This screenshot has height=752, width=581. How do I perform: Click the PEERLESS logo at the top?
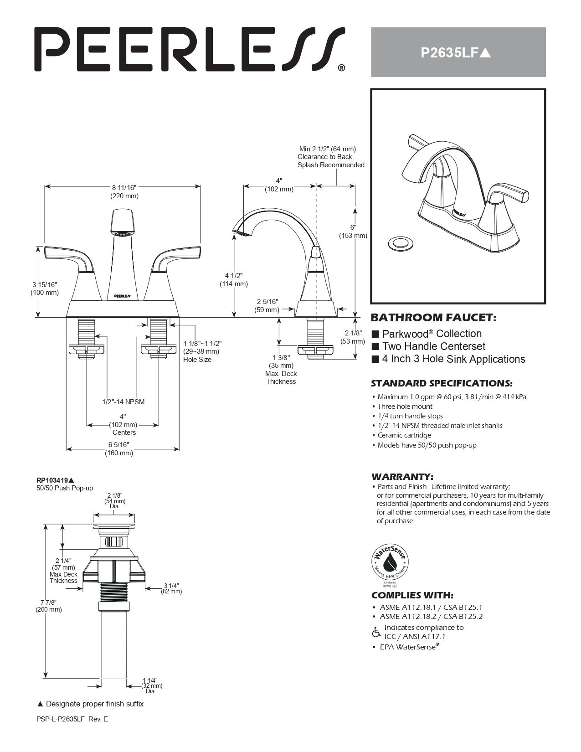tap(189, 49)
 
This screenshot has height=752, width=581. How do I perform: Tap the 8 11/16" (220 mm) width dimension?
tap(124, 192)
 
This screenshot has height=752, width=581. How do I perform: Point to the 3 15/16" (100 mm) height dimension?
tap(45, 288)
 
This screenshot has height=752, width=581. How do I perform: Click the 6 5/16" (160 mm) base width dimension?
tap(118, 448)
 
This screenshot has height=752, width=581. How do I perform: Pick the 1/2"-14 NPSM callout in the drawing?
tap(123, 402)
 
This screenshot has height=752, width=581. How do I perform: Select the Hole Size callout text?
tap(197, 360)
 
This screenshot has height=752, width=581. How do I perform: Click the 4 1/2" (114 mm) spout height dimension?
tap(234, 280)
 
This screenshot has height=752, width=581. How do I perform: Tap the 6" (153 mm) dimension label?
tap(353, 232)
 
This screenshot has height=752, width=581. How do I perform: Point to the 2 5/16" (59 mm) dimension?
tap(267, 306)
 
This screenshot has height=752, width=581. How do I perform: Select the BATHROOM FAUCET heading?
tap(433, 317)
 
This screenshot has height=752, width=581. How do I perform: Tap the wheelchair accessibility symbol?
tap(376, 632)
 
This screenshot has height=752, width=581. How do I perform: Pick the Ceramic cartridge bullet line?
tap(404, 435)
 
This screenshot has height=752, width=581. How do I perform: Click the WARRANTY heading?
tap(402, 477)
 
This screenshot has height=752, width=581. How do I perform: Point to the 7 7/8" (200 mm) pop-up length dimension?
tap(48, 606)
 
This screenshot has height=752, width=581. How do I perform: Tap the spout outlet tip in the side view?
tap(242, 234)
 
